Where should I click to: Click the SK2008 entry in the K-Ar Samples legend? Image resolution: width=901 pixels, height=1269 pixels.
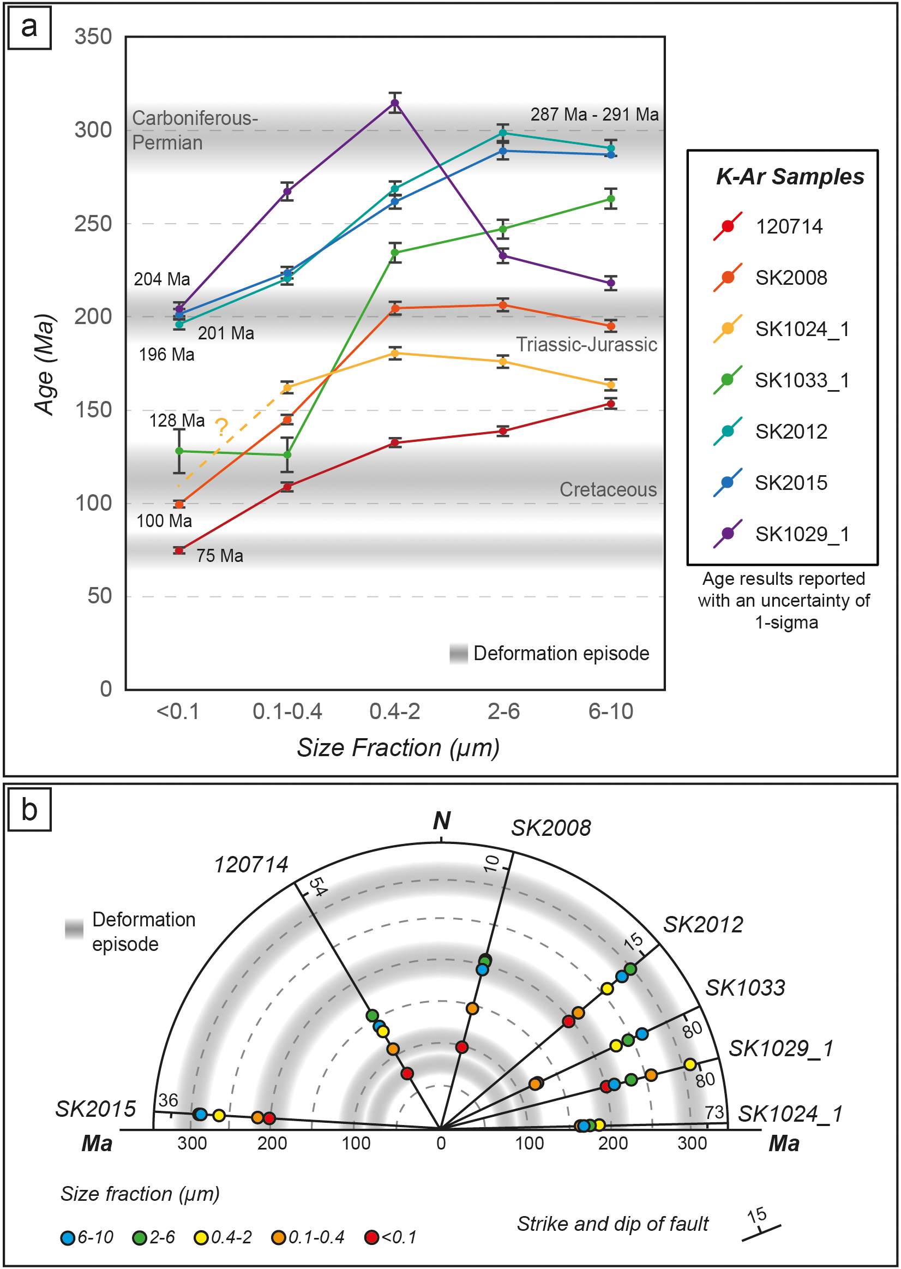(x=790, y=278)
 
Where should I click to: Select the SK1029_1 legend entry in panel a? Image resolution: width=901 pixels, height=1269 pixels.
(x=801, y=534)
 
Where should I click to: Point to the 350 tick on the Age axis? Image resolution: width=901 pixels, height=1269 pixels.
(x=93, y=37)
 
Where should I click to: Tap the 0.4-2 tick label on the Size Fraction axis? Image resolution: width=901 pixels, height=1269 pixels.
(x=394, y=711)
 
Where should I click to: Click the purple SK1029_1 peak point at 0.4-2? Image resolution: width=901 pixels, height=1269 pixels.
(x=395, y=103)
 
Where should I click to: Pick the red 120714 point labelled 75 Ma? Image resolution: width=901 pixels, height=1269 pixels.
(x=179, y=550)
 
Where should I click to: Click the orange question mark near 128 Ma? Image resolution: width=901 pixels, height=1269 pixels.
(x=221, y=427)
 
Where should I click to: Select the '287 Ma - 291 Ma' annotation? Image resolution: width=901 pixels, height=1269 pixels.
(x=594, y=115)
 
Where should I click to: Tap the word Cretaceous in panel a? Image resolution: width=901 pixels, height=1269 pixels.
(x=608, y=489)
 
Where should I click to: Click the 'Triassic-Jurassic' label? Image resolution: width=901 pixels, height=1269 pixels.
(x=586, y=345)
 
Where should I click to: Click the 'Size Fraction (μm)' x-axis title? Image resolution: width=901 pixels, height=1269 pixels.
(x=398, y=748)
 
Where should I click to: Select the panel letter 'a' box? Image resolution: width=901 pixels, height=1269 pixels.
(x=29, y=28)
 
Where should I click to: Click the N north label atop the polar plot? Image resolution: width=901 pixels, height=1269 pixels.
(x=442, y=821)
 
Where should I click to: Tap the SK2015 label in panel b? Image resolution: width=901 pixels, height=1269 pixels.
(x=95, y=1109)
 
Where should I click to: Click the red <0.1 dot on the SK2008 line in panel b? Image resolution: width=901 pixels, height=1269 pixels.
(x=461, y=1047)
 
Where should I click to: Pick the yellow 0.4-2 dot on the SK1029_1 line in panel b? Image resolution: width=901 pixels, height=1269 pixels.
(x=689, y=1064)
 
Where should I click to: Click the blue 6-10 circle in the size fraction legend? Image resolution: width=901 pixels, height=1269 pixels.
(x=68, y=1238)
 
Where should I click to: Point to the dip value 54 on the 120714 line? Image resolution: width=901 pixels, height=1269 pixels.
(x=317, y=886)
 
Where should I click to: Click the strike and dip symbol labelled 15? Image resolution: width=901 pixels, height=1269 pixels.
(x=761, y=1230)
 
